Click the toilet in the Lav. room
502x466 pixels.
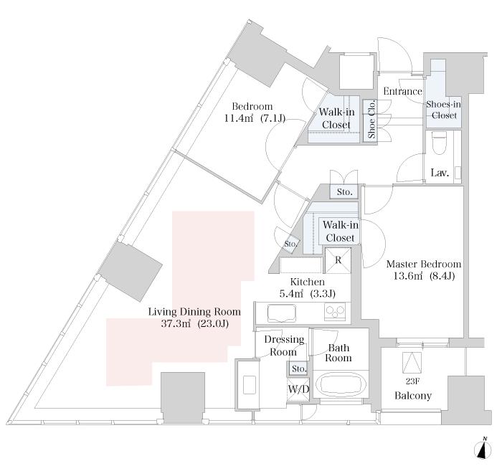437,143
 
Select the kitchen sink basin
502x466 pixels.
281,313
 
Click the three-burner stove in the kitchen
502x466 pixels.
335,311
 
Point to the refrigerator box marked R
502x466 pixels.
338,260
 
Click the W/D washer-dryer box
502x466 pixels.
298,389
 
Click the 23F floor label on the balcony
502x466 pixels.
412,381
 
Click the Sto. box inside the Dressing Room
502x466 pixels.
299,368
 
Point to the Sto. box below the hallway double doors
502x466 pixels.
344,192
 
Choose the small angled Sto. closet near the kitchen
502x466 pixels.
290,244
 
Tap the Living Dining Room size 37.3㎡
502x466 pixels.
176,323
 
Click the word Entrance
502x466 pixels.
403,91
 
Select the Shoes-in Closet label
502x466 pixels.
443,110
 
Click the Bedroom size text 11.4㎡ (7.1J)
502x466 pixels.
255,119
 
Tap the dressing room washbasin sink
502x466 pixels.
249,385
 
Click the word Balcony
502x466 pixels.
413,396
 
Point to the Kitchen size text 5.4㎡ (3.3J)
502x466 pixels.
307,293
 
